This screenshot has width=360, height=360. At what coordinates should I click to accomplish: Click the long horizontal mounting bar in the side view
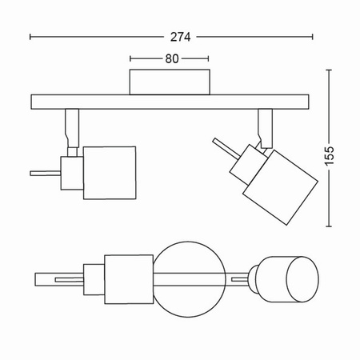[x=171, y=102]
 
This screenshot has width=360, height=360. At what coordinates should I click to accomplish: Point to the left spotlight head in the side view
[x=110, y=168]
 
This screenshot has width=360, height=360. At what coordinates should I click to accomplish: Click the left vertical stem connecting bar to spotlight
[x=71, y=129]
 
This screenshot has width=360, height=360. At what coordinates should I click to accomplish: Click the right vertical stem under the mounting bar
[x=263, y=126]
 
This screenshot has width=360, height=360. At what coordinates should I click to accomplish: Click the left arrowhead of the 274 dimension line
[x=33, y=37]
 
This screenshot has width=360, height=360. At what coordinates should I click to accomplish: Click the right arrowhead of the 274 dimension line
[x=310, y=37]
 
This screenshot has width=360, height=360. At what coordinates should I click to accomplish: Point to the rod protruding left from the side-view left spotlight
[x=45, y=170]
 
